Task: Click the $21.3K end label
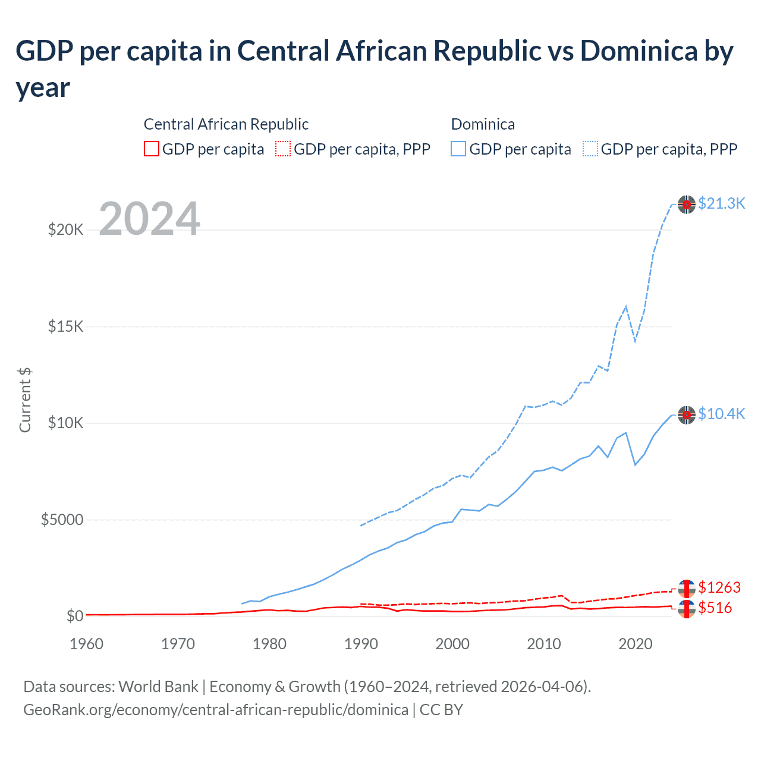(721, 203)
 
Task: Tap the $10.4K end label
(721, 414)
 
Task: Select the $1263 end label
(719, 587)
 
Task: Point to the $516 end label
(715, 608)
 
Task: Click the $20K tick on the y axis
(65, 229)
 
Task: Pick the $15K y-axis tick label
(65, 326)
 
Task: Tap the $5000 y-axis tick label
(62, 520)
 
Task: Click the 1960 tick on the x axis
(86, 644)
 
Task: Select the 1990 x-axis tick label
(361, 644)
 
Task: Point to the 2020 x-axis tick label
(636, 644)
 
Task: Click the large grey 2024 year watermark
(149, 219)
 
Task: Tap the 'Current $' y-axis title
(25, 400)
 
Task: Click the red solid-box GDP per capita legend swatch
(152, 149)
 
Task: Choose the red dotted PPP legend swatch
(283, 149)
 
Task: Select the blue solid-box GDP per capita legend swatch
(458, 149)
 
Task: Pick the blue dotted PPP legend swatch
(590, 149)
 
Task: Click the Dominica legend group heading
(483, 124)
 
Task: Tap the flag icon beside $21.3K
(687, 204)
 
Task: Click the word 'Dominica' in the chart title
(638, 51)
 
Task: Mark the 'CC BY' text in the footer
(441, 710)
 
